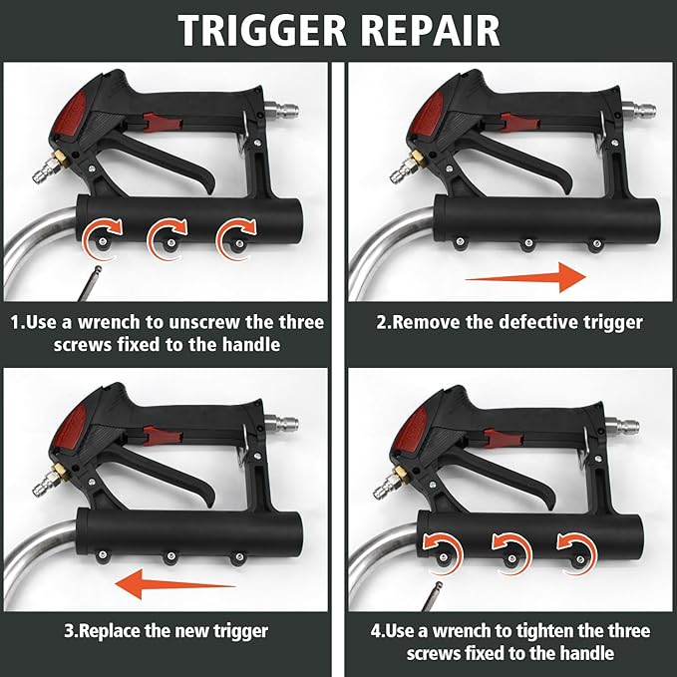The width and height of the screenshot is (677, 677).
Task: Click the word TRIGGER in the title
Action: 262,30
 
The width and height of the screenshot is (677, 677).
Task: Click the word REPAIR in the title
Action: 430,30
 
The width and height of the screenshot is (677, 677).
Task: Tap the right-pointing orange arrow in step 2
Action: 525,277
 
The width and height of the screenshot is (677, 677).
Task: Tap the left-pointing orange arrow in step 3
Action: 175,584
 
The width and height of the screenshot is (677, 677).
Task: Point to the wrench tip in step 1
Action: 98,269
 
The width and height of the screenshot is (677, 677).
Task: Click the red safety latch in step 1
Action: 163,123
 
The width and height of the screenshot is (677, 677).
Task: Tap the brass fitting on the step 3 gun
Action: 57,470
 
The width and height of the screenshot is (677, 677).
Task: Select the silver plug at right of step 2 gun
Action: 639,110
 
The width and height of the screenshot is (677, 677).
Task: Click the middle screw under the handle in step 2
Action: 527,243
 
